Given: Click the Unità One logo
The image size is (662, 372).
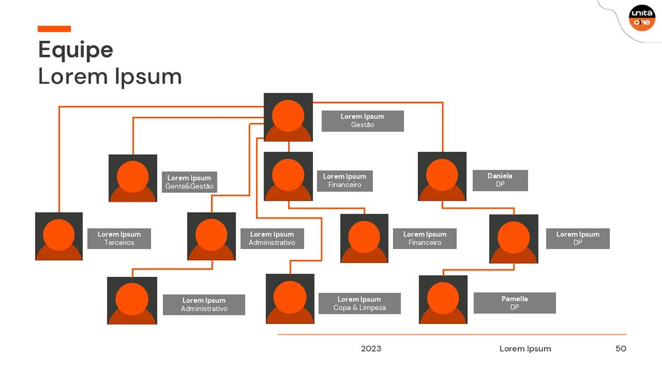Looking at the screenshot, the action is point(642,18).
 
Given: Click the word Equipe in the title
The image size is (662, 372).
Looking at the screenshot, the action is point(76,51).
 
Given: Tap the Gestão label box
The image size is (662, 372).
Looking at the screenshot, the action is point(362,121).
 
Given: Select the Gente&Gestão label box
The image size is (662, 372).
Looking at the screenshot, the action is point(189,182).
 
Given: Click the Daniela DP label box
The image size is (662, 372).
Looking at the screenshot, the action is point(500,180).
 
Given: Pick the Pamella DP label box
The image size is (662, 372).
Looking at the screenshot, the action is point(515,303).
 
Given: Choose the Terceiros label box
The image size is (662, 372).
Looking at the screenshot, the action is point(119,239).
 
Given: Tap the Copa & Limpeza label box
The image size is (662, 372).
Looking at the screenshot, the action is point(360,304).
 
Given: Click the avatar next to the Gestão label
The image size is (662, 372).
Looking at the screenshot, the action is point(288,117).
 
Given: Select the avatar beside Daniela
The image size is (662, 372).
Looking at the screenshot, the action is point(442,176).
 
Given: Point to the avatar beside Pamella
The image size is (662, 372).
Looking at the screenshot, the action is point(443,300).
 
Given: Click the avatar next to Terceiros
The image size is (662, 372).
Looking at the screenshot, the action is point(59,236).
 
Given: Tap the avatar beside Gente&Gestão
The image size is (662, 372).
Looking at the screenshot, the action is point(133,179).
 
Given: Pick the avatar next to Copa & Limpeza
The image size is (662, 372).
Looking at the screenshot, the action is point(290,299).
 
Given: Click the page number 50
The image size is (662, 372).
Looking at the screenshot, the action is point(621,349).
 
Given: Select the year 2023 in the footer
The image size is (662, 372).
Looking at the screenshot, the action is point(371,349).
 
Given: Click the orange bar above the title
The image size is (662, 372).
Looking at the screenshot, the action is point(54,29).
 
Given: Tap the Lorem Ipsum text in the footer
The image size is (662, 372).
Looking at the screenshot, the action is point(525,349).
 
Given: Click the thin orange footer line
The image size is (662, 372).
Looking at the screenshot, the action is point(452,335).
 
